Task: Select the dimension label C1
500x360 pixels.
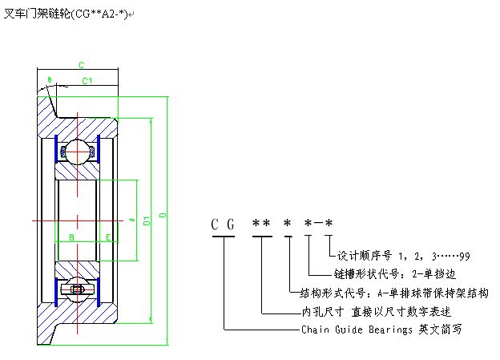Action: pos(87,81)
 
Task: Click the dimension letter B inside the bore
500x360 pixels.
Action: pos(71,237)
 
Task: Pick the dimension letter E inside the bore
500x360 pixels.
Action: pos(107,237)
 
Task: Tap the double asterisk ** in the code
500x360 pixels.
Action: pos(261,224)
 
